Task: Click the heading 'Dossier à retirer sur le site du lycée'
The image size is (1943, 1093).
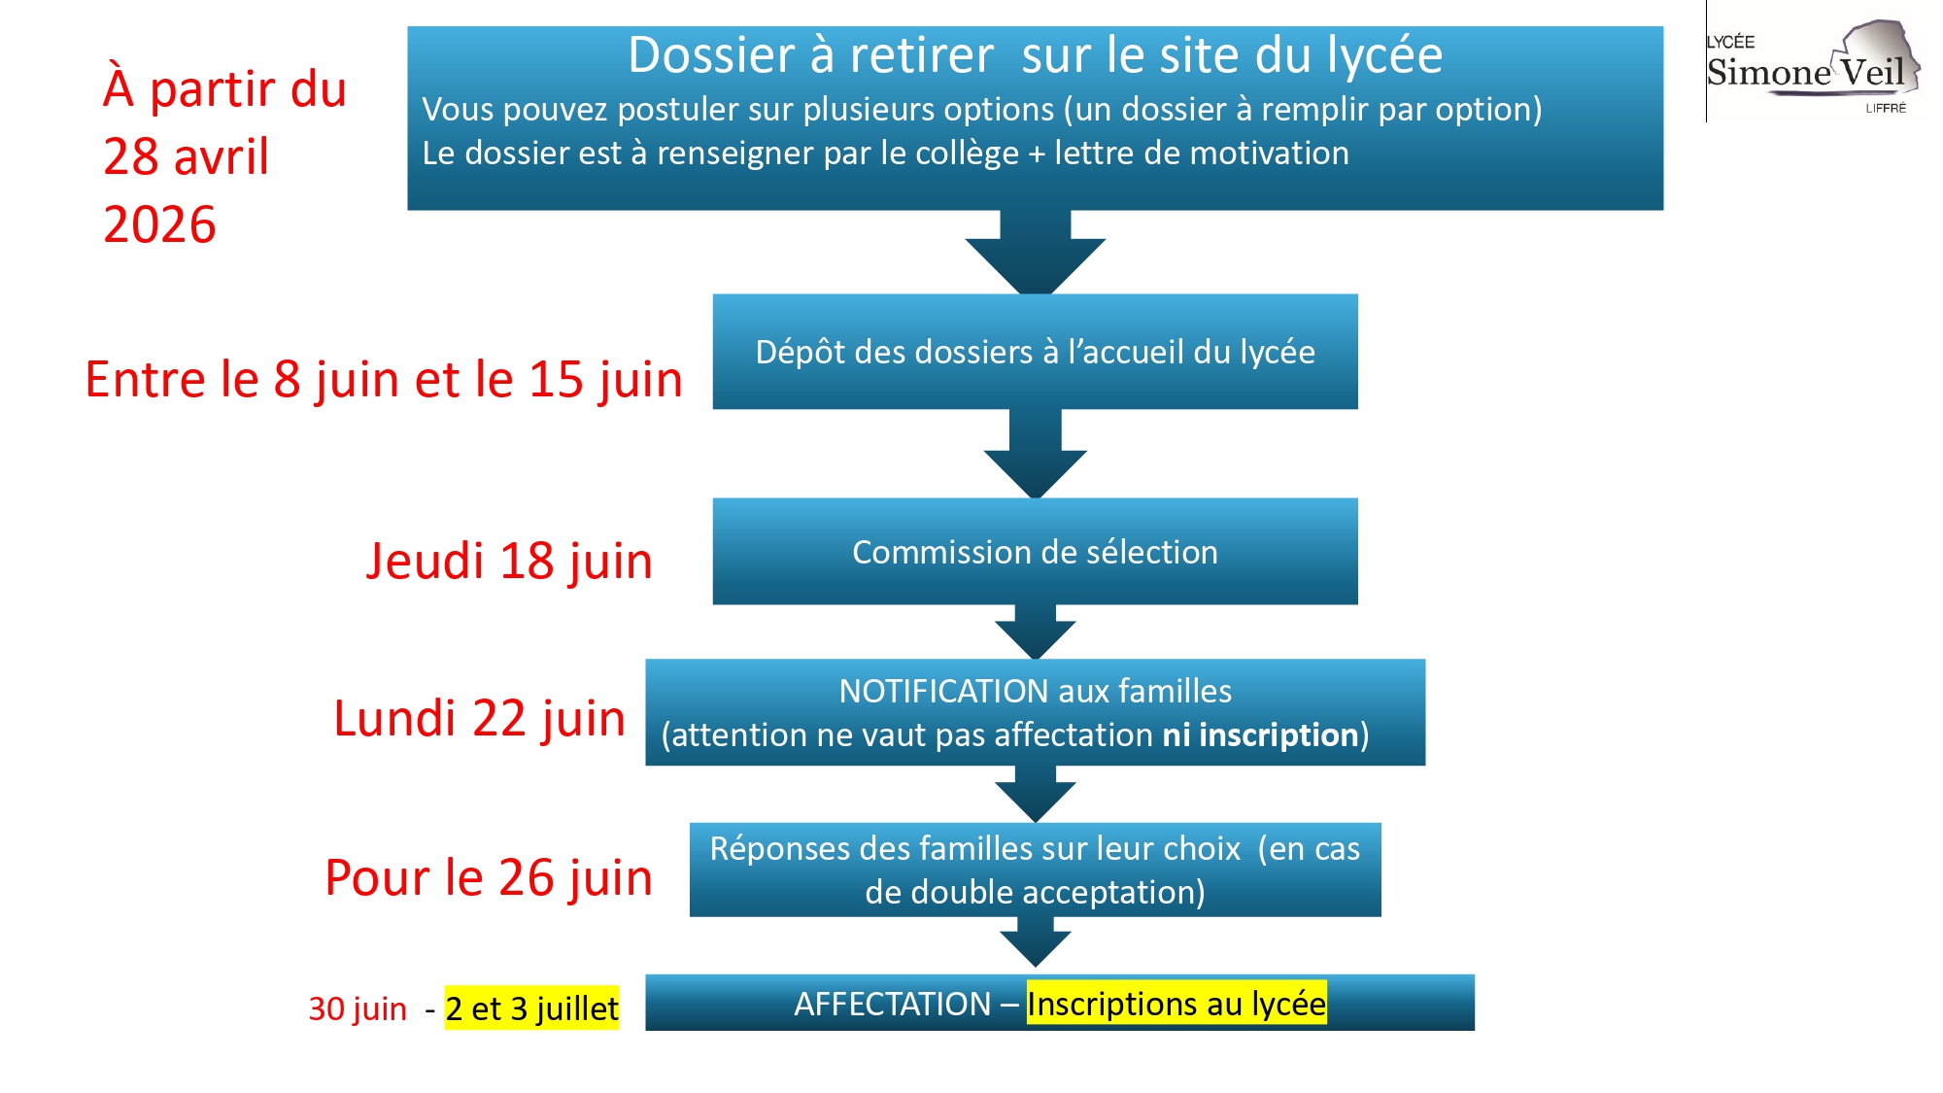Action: [x=1035, y=54]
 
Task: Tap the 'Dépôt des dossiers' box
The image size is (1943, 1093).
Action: [x=1035, y=352]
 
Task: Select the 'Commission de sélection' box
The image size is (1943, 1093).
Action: [x=1035, y=552]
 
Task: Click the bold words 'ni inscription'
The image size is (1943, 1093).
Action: [x=1260, y=734]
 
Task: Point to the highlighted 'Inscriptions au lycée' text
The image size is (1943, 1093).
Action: [x=1176, y=1004]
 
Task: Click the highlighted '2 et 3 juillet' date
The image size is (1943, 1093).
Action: [x=531, y=1008]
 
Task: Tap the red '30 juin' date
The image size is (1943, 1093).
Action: [x=358, y=1008]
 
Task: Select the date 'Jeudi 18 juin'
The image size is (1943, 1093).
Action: [x=509, y=561]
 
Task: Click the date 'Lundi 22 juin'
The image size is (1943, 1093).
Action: [x=479, y=718]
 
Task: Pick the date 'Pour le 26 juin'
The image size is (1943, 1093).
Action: [x=489, y=877]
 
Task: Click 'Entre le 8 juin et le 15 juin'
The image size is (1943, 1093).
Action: [x=384, y=379]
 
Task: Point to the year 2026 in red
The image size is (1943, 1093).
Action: [x=159, y=224]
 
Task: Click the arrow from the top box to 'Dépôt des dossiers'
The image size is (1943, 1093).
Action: [x=1036, y=253]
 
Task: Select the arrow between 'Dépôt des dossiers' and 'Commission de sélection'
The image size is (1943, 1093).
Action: [x=1036, y=454]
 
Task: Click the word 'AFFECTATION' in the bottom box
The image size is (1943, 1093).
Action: [x=893, y=1004]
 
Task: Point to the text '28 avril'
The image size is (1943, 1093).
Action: [x=186, y=156]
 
